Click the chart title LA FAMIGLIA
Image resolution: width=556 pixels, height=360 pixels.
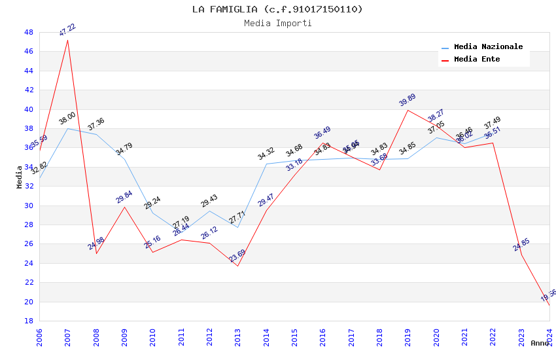point(277,9)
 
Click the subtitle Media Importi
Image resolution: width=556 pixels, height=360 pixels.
point(277,23)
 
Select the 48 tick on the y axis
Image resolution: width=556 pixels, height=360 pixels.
point(29,32)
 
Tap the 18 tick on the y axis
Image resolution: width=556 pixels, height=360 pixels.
point(29,321)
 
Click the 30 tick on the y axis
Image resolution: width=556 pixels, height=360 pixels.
point(29,206)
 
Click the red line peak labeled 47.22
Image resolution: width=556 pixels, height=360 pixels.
point(68,40)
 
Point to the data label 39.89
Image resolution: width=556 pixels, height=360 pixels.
point(408,99)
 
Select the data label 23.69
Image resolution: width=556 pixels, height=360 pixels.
point(237,255)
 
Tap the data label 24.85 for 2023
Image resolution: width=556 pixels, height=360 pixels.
point(521,245)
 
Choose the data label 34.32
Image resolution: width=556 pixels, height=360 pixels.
point(266,154)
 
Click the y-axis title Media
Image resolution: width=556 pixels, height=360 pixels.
point(19,177)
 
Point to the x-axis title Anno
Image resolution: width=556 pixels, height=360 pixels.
point(540,343)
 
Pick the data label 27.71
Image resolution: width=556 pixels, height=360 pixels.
point(237,217)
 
